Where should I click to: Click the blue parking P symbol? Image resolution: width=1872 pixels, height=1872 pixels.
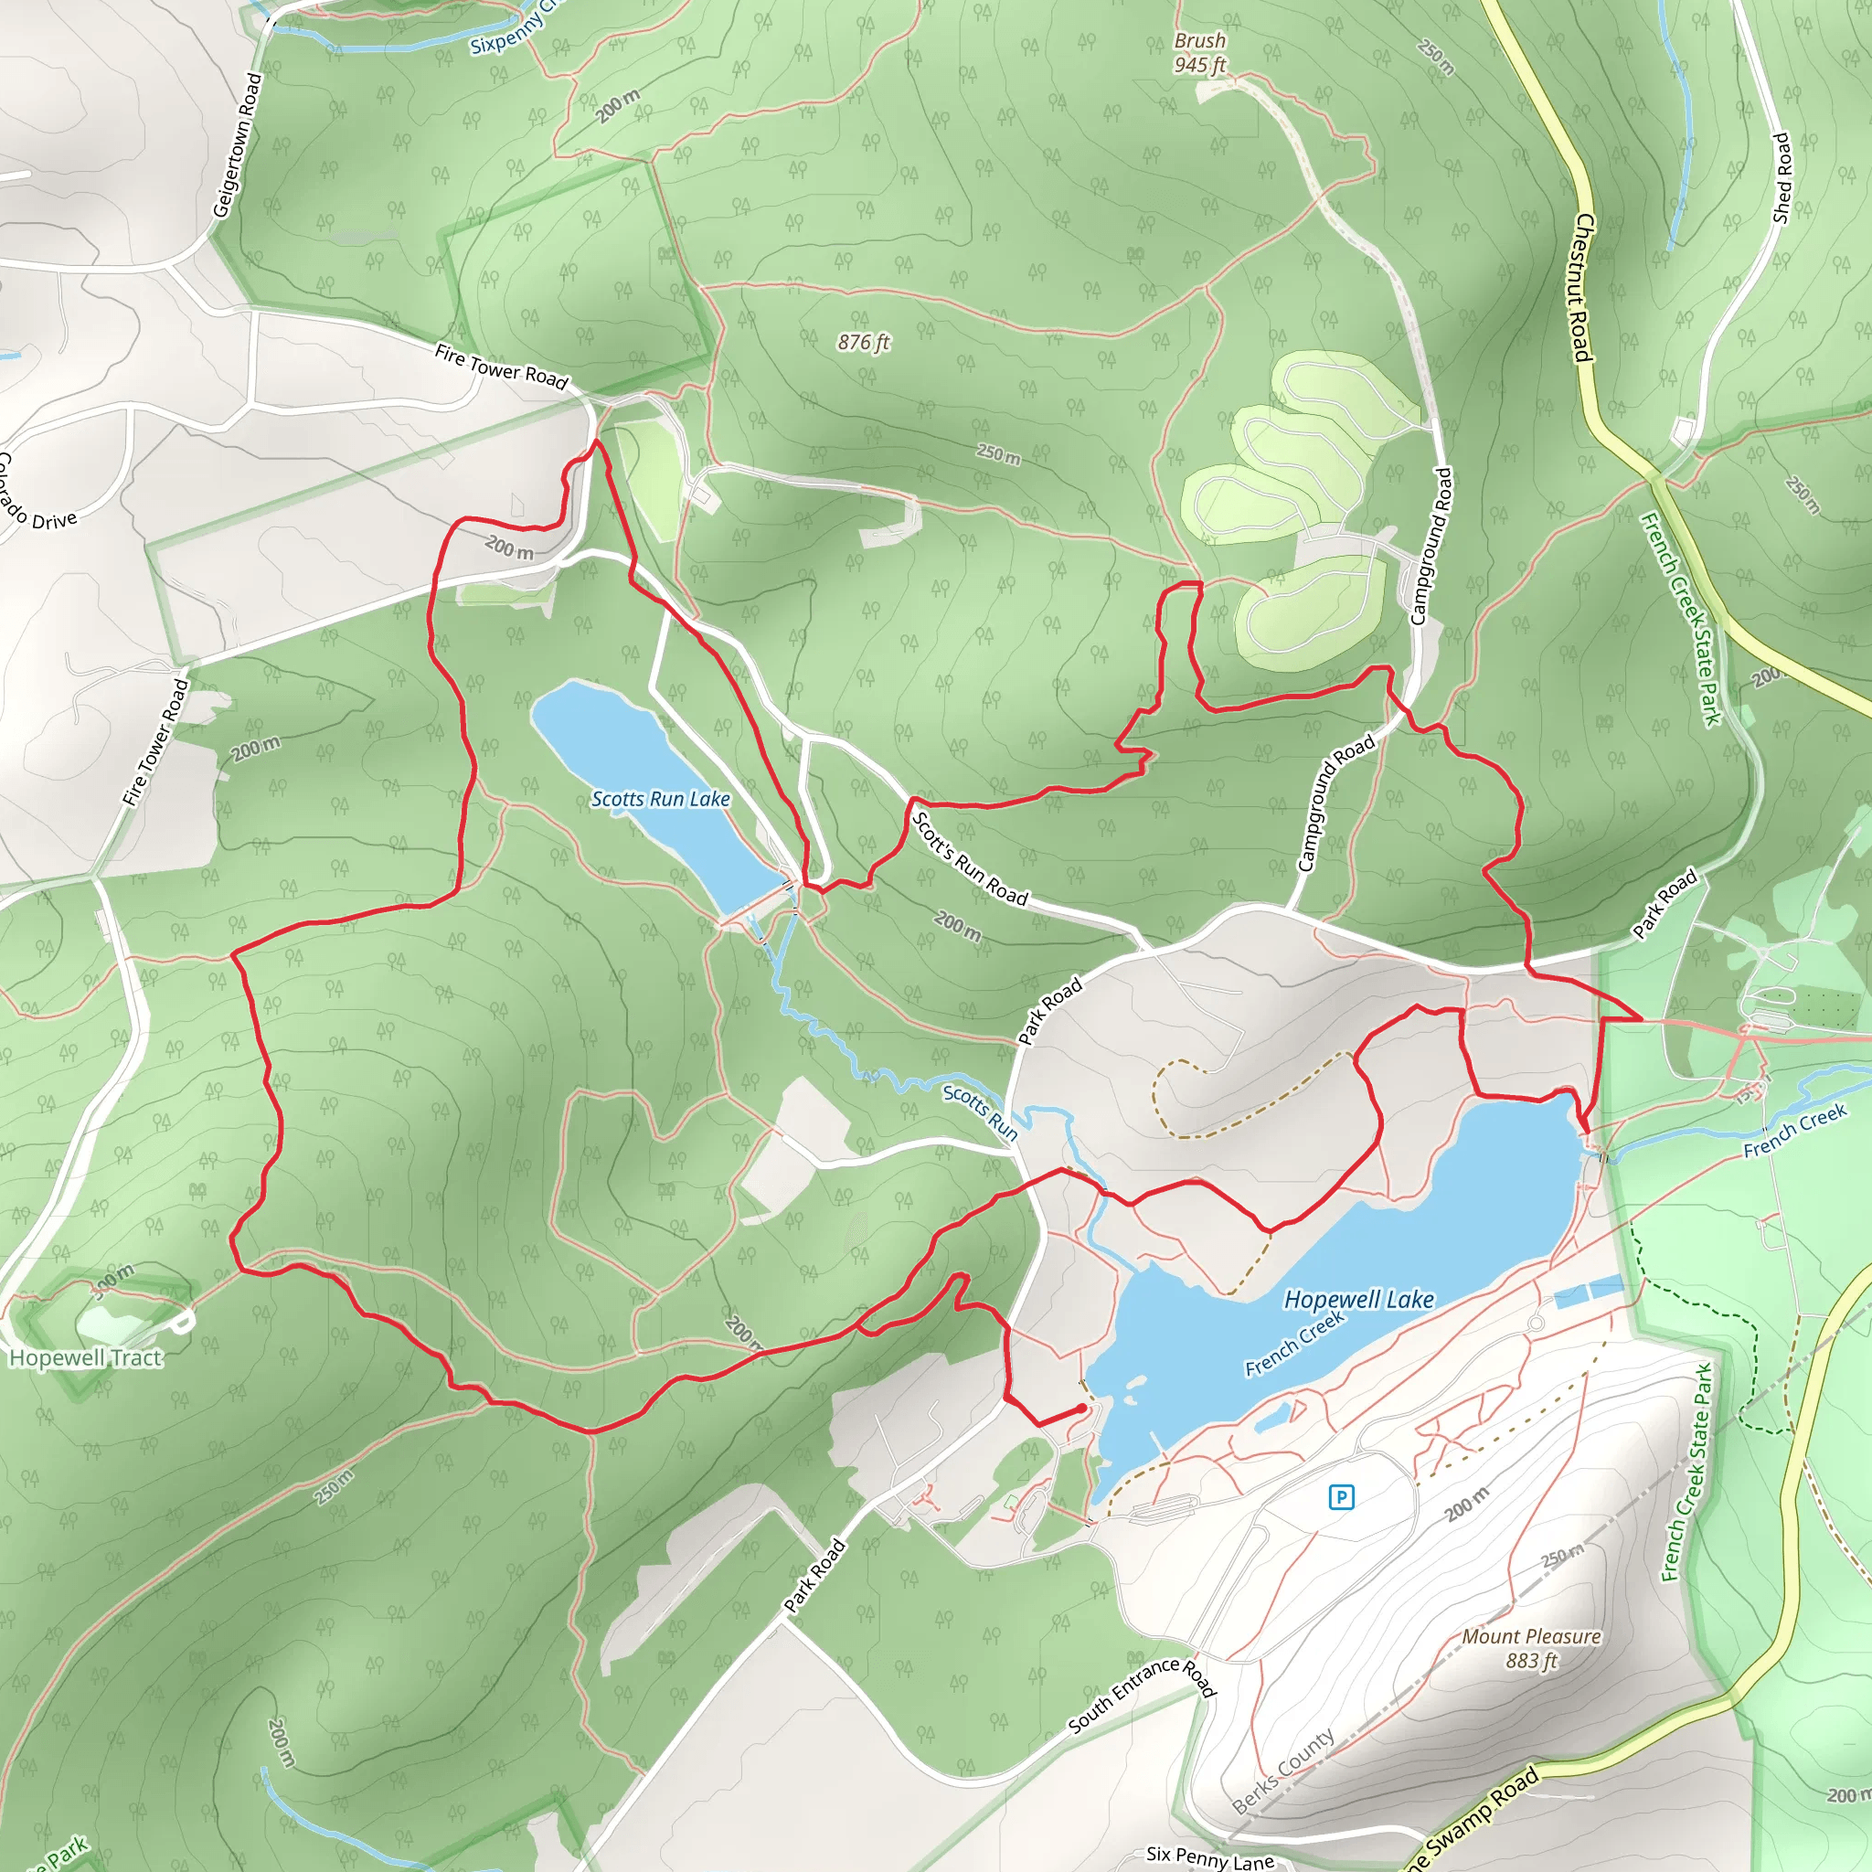(x=1341, y=1497)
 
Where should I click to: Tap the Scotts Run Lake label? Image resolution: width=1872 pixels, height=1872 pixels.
(x=661, y=798)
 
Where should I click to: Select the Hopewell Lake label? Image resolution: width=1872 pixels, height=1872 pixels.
(x=1358, y=1300)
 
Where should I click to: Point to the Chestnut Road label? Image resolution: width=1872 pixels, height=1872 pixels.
(x=1581, y=288)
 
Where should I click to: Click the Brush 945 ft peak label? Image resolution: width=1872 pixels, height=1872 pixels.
(x=1199, y=52)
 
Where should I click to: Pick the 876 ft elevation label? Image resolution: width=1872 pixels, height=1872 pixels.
(x=863, y=342)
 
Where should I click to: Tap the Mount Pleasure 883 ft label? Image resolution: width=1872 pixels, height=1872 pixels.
(x=1531, y=1648)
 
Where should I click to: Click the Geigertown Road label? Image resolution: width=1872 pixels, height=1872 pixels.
(x=239, y=145)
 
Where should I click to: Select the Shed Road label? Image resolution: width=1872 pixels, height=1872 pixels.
(x=1781, y=178)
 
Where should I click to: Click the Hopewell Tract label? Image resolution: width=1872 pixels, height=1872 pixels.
(x=85, y=1357)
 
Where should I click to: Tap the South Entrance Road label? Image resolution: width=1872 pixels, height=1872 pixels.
(x=1142, y=1695)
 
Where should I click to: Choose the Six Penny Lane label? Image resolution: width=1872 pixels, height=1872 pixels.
(x=1209, y=1857)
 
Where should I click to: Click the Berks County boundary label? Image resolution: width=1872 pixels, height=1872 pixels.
(x=1284, y=1771)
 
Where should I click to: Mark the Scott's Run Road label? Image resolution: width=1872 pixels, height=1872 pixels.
(x=970, y=858)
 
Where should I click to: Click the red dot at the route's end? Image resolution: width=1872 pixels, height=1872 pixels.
(x=1081, y=1409)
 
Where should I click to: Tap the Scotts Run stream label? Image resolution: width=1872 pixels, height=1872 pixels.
(x=981, y=1111)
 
